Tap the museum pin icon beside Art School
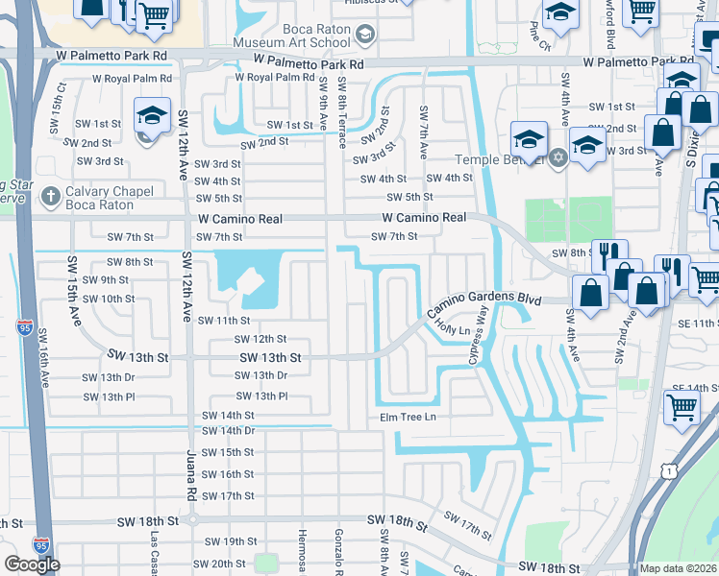pos(364,36)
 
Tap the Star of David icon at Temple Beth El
pos(556,156)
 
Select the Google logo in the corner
pos(32,564)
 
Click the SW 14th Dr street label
pos(228,430)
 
